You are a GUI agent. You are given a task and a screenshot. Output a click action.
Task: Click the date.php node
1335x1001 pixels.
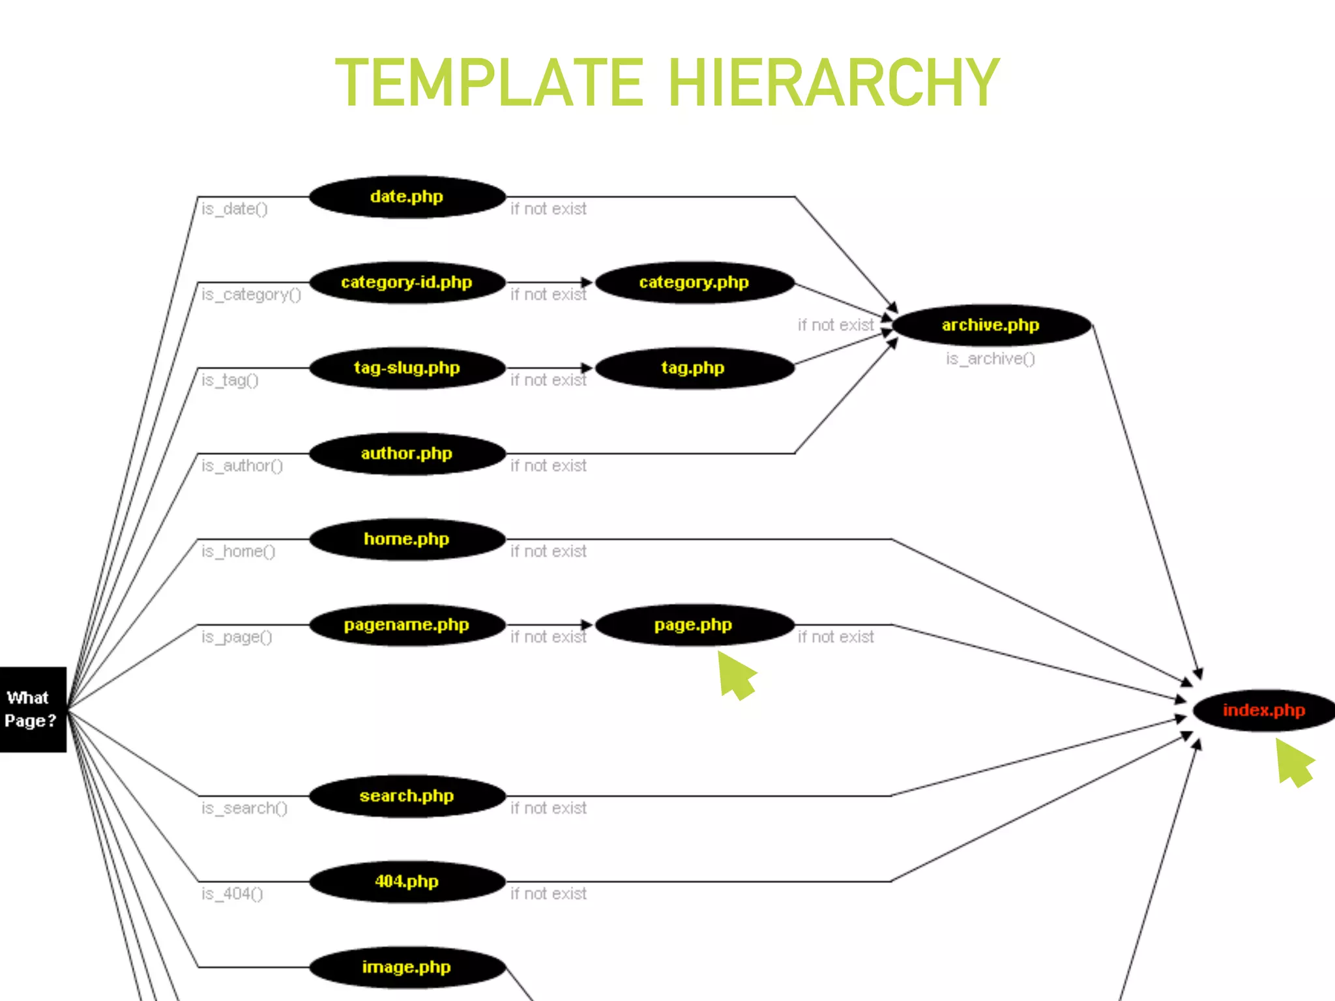[407, 197]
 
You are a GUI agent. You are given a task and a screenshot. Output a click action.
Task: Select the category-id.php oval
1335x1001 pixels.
[407, 282]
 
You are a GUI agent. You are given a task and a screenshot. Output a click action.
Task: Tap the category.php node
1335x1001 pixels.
[694, 282]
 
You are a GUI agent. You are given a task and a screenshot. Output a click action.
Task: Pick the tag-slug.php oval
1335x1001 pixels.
[407, 368]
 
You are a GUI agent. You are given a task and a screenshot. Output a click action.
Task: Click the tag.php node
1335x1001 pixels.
[694, 368]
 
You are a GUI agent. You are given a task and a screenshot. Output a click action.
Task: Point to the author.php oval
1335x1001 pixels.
[407, 454]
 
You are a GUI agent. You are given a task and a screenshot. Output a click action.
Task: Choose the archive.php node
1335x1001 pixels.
[991, 325]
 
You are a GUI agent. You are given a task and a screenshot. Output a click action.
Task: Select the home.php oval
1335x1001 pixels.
[407, 539]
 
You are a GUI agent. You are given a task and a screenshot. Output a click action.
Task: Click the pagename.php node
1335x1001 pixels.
[407, 625]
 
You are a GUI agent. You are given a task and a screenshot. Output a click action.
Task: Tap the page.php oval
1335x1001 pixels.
[694, 625]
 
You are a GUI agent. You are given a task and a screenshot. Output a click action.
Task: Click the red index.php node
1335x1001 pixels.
[1263, 710]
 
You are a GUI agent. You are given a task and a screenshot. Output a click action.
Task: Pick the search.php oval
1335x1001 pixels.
[407, 796]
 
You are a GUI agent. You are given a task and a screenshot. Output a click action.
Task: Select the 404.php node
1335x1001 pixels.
[407, 882]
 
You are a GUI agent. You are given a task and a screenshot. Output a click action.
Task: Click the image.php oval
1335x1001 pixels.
[407, 967]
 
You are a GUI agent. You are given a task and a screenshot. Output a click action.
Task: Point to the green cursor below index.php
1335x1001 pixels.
[1293, 762]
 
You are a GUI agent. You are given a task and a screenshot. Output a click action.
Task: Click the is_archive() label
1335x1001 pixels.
[990, 359]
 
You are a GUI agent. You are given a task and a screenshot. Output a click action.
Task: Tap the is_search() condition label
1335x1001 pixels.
[244, 809]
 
